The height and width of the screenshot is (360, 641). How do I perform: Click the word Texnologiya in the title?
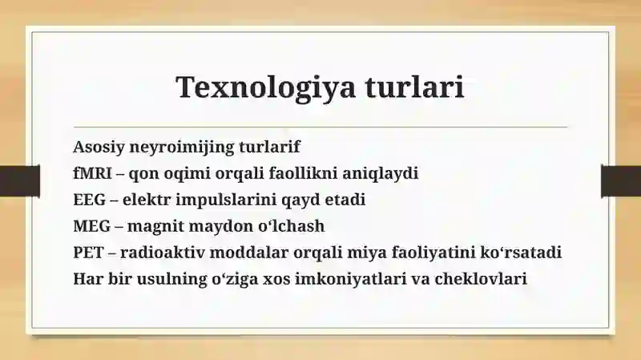pos(266,88)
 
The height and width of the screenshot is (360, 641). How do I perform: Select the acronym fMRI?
pos(92,172)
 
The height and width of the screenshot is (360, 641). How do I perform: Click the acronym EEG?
pos(90,200)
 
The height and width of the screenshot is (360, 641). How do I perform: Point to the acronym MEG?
pos(92,226)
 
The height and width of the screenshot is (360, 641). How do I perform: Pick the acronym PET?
pos(88,252)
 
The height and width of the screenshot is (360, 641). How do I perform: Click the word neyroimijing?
pos(182,148)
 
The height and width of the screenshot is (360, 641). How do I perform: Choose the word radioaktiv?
pos(163,252)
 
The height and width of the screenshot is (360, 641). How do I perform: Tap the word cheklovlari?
pos(480,278)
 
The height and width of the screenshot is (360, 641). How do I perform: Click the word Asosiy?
pos(99,148)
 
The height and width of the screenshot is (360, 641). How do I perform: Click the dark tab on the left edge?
pos(20,181)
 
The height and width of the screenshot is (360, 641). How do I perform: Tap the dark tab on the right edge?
pos(621,181)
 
